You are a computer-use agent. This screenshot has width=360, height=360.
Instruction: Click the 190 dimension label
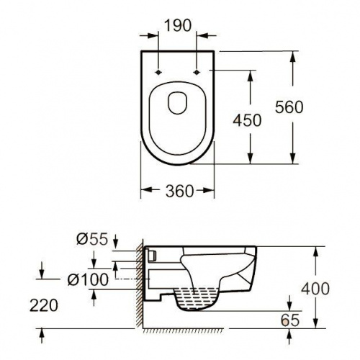[x=178, y=25]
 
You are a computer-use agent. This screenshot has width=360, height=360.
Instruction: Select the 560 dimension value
[x=289, y=107]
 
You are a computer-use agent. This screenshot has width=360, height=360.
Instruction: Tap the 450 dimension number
[x=247, y=120]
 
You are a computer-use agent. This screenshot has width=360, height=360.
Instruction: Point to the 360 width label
[x=179, y=192]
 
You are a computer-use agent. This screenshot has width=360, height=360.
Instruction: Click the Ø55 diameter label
[x=92, y=239]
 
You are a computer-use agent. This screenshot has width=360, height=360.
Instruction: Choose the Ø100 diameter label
[x=88, y=279]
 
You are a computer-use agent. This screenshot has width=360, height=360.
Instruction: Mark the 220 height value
[x=44, y=305]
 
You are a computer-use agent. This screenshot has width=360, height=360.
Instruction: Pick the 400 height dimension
[x=315, y=289]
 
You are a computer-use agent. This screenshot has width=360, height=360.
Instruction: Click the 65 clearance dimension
[x=290, y=320]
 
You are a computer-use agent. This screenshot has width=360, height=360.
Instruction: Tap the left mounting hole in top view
[x=158, y=72]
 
